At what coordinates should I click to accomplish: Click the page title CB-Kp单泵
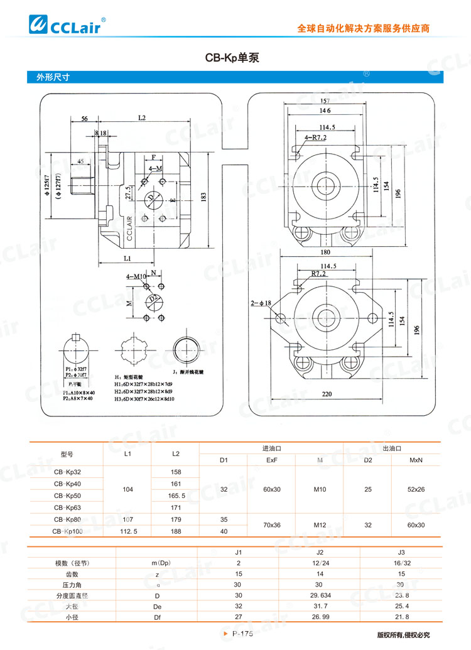tap(232, 57)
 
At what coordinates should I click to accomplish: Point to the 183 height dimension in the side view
tap(203, 197)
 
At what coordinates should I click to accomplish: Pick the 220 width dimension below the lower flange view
tap(326, 395)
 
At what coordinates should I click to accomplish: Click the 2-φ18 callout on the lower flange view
tap(261, 303)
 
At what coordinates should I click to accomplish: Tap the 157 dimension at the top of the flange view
tap(325, 101)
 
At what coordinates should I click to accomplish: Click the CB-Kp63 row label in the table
tap(67, 507)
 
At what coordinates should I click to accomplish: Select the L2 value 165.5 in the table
tap(175, 496)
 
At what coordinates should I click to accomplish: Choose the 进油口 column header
tap(271, 448)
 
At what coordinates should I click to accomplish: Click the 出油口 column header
tap(391, 448)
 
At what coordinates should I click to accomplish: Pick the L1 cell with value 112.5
tap(128, 531)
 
